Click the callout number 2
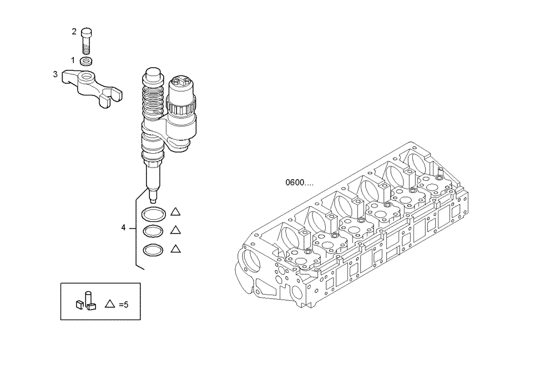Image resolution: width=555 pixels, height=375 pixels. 74,32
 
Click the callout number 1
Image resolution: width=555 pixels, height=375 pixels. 73,59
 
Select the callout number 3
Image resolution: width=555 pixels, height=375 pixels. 55,74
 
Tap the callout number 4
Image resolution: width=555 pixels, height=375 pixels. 124,227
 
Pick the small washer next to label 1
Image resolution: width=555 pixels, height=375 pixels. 86,60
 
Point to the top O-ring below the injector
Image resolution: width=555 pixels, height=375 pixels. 153,213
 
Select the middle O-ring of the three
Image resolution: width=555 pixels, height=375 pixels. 153,231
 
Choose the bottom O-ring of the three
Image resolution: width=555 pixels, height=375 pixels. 153,250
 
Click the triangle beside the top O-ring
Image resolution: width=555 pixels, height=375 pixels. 176,211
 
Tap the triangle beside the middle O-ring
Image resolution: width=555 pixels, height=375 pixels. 176,230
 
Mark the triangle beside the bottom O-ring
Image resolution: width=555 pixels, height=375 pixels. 176,249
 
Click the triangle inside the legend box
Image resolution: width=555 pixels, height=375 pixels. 110,303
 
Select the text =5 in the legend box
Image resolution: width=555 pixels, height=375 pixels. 123,304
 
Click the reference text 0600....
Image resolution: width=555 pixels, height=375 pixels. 299,183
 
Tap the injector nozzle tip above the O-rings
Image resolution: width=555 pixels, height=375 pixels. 153,191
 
